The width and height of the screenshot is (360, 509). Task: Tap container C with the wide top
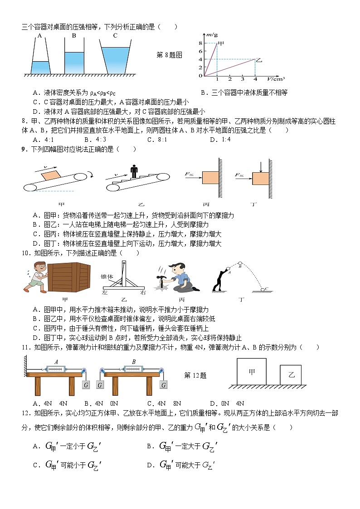(115, 58)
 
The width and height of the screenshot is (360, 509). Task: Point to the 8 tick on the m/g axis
(200, 43)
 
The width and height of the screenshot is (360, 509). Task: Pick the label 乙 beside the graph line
(259, 60)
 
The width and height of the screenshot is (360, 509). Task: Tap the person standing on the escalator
(134, 172)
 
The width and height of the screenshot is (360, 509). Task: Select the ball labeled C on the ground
(263, 289)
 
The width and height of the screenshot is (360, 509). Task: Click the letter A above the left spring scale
(56, 362)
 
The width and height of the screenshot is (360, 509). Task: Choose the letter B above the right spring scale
(134, 362)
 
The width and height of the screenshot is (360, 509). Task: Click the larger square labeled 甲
(252, 372)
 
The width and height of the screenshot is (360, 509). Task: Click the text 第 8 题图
(169, 55)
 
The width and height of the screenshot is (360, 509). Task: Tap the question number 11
(26, 347)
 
